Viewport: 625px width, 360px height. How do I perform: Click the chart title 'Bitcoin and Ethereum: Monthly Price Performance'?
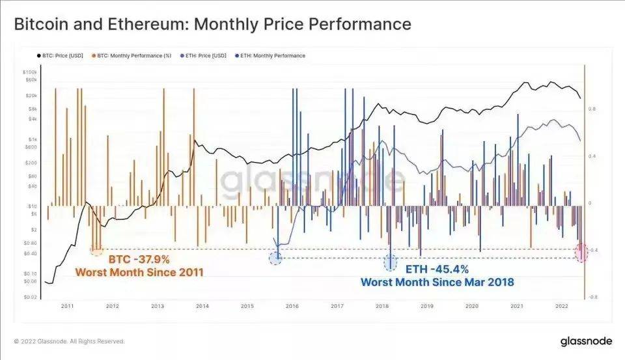click(212, 25)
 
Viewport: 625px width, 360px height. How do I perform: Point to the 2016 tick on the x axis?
click(292, 305)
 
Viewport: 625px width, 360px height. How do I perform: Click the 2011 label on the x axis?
click(67, 305)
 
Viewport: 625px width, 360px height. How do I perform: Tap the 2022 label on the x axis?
click(562, 305)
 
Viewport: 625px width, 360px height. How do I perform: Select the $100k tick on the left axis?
click(30, 72)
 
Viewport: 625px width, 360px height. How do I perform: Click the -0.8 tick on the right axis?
click(594, 297)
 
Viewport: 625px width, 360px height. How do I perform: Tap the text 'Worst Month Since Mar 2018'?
click(437, 282)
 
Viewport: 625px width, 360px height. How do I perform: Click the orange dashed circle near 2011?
click(96, 249)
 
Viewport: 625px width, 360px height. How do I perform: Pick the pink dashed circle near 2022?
click(582, 253)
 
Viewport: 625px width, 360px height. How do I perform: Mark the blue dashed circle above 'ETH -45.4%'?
click(391, 262)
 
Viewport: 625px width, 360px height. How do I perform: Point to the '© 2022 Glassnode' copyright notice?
click(69, 341)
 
